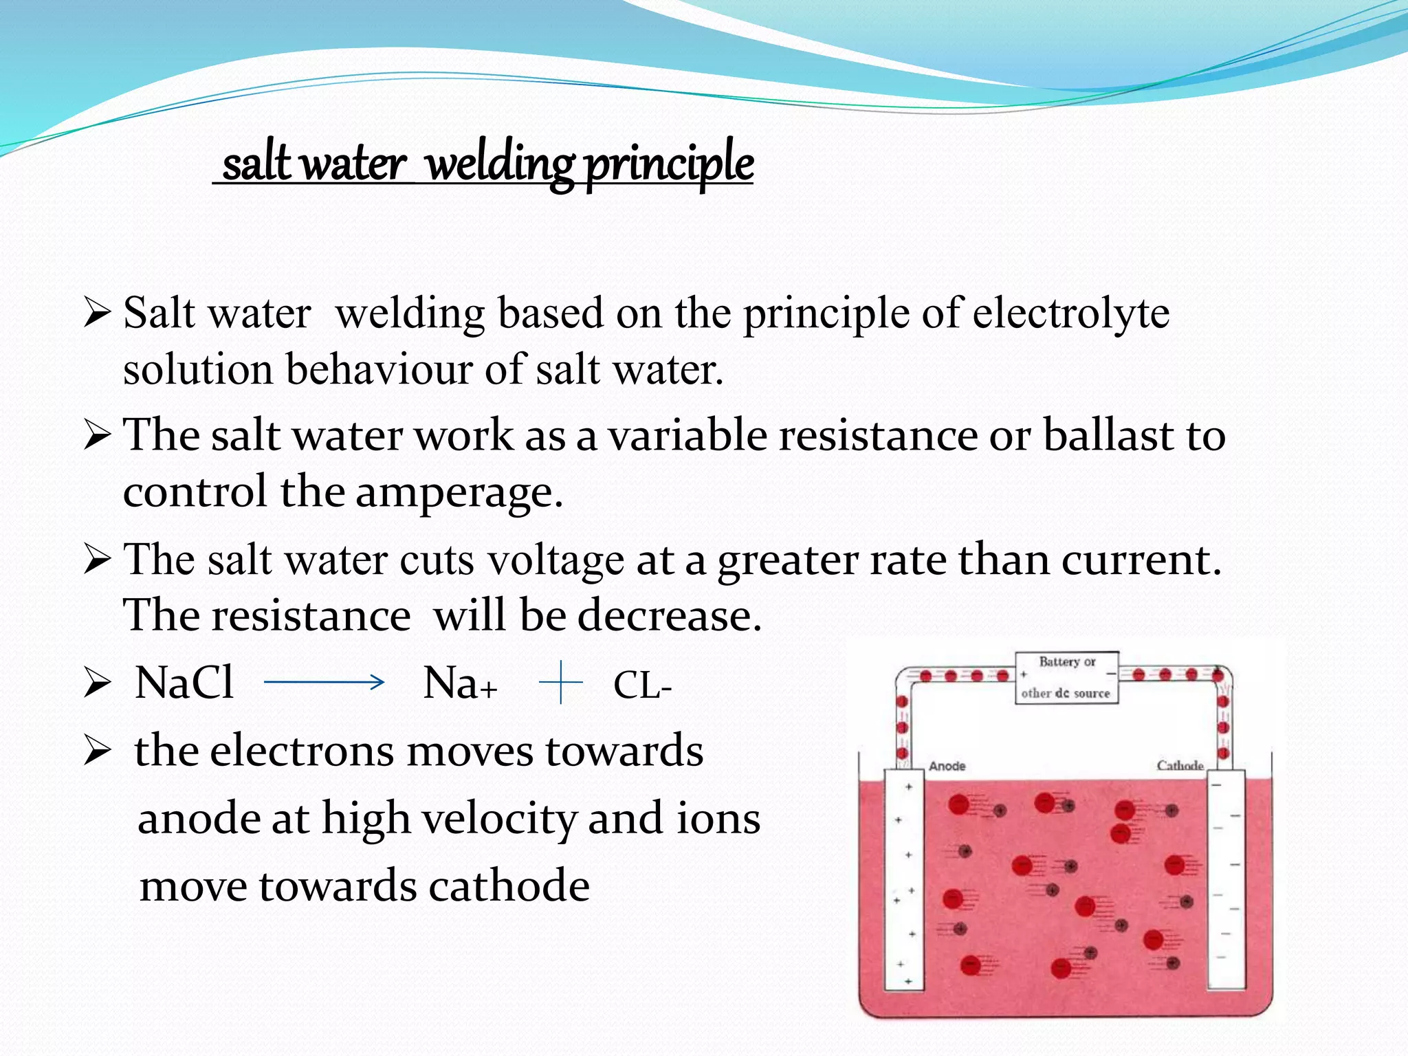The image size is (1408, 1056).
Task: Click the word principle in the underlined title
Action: tap(669, 165)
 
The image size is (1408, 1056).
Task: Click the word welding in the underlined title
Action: tap(500, 165)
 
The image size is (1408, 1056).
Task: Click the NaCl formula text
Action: tap(184, 683)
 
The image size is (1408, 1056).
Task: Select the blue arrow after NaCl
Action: tap(324, 682)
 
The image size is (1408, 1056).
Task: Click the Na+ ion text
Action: tap(459, 684)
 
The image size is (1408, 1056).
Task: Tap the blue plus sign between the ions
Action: tap(561, 682)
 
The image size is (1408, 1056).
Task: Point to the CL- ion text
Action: tap(642, 685)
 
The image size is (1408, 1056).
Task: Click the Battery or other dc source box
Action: tap(1066, 677)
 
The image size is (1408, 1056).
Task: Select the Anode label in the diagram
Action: tap(947, 766)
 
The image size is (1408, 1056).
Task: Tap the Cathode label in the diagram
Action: tap(1180, 765)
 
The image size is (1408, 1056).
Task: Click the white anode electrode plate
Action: tap(903, 880)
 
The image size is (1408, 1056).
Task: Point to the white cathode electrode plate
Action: tap(1226, 880)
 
